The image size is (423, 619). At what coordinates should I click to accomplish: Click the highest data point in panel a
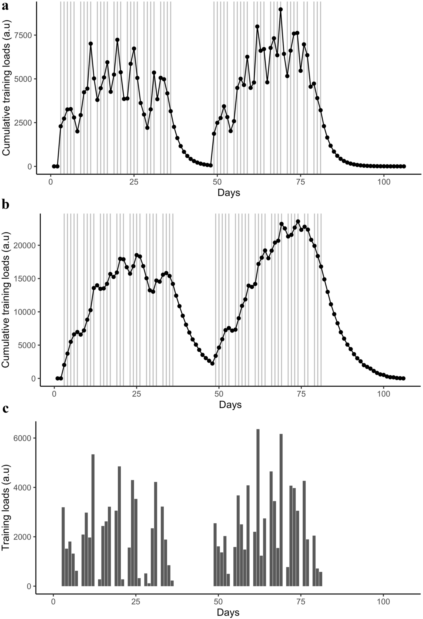(x=281, y=9)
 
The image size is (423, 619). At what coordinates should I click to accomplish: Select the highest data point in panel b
(x=298, y=221)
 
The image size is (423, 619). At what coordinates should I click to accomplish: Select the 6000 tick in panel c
(x=24, y=438)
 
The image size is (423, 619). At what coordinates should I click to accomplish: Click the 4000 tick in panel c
(x=24, y=487)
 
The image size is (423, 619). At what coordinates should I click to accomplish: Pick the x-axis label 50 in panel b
(x=219, y=394)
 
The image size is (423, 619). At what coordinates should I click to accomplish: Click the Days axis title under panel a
(x=229, y=193)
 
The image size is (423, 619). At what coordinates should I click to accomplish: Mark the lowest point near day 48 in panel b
(x=212, y=364)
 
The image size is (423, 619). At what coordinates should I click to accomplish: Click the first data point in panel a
(x=54, y=166)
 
